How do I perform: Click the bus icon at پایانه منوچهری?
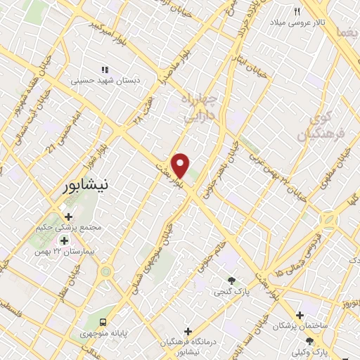103,321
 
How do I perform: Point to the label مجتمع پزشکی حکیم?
68,228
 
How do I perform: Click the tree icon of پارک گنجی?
241,281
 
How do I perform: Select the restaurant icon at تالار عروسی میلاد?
297,11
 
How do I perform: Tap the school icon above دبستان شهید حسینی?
106,70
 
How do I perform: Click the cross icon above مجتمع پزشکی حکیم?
68,217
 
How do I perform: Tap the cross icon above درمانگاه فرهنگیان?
188,330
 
